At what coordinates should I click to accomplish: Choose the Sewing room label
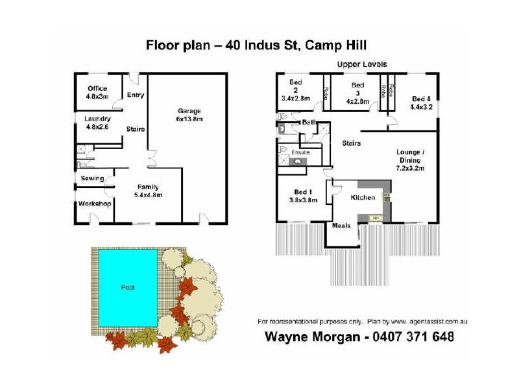[x=93, y=178]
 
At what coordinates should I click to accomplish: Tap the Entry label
[x=135, y=95]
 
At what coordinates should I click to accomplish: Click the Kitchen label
[x=363, y=197]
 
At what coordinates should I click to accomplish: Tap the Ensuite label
[x=300, y=152]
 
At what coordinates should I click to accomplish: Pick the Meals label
[x=341, y=226]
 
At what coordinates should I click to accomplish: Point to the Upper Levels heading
[x=361, y=65]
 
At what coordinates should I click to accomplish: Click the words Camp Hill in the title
[x=337, y=45]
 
